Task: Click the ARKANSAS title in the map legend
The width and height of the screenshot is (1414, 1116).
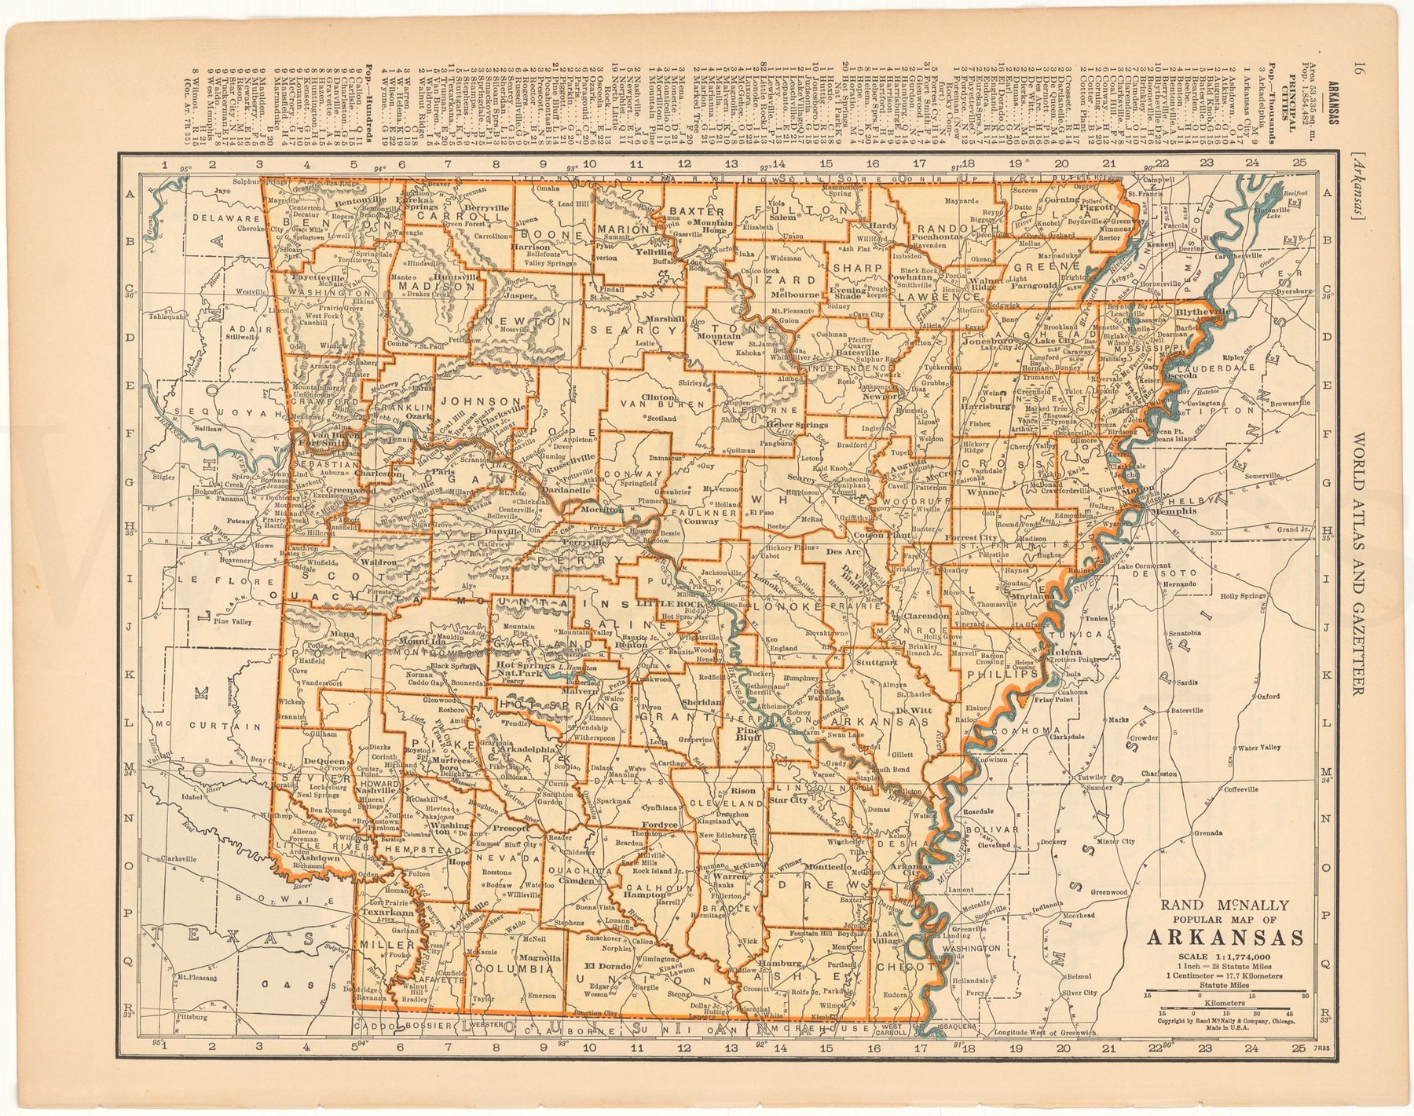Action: pos(1225,938)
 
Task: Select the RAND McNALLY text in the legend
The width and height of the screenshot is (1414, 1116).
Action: pos(1225,904)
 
